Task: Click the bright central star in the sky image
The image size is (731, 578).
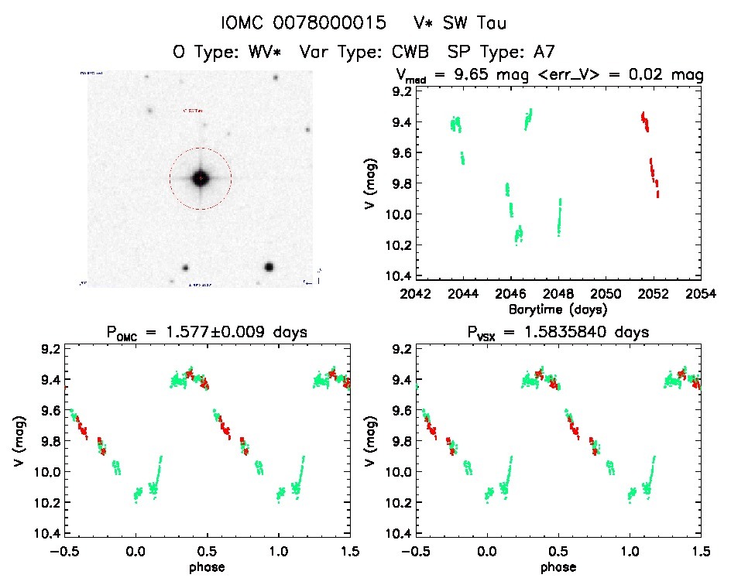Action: click(x=200, y=178)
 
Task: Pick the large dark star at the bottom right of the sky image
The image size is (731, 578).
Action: click(x=269, y=267)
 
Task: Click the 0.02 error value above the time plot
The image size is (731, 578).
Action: click(x=654, y=75)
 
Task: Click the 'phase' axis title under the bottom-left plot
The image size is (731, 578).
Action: click(x=207, y=566)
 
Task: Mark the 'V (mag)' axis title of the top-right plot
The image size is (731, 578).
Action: click(x=377, y=184)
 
